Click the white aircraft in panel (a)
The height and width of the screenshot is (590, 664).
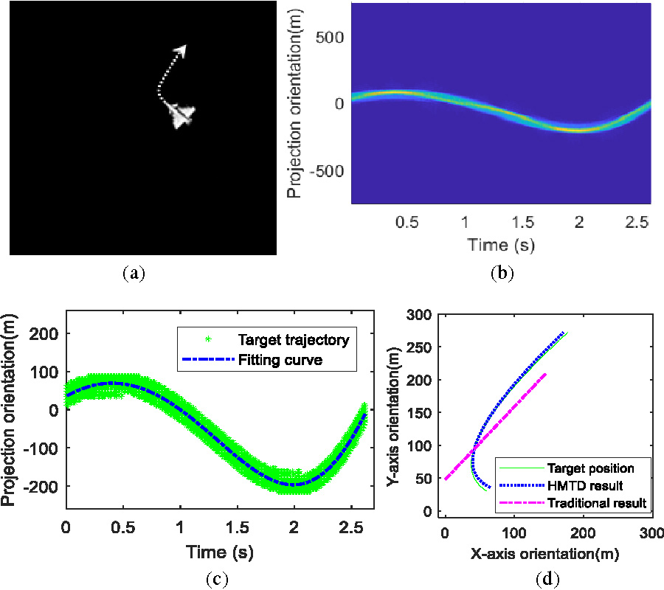(x=180, y=115)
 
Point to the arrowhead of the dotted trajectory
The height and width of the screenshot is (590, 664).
(x=181, y=49)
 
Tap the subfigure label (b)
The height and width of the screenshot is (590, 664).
(x=502, y=274)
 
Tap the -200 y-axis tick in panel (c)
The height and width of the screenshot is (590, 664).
(x=41, y=485)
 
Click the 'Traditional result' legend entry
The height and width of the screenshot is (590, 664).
(x=598, y=503)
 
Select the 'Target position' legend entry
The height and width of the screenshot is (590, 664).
(x=588, y=468)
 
